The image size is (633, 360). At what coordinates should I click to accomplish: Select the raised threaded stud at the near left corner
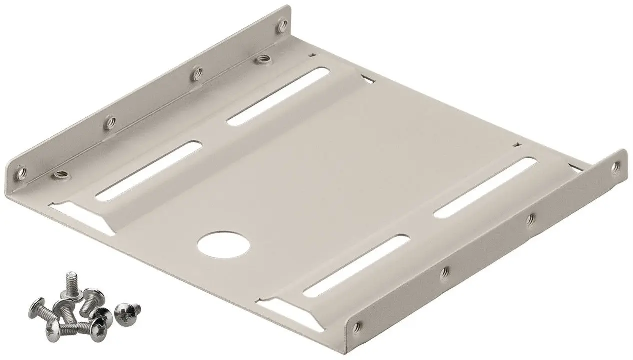[x=61, y=174]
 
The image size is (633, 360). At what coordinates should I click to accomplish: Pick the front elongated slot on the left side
[x=148, y=170]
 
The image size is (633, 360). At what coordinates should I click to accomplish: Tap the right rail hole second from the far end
[x=531, y=218]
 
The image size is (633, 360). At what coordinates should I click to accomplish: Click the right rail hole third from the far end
[x=444, y=273]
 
